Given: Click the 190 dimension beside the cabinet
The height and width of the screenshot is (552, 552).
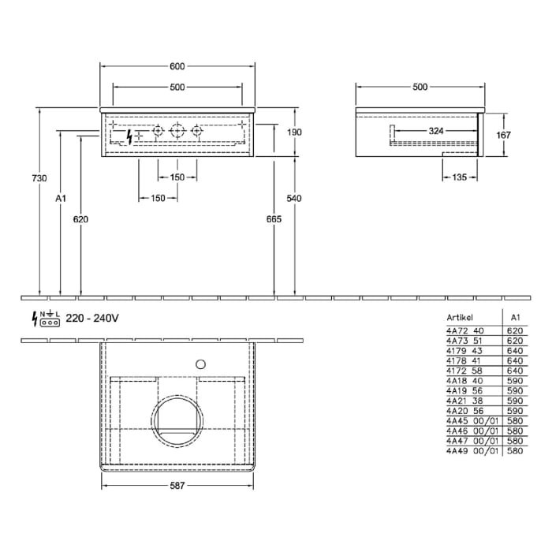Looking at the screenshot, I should (x=294, y=132).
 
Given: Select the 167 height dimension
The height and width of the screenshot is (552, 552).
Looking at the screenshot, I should (x=504, y=135).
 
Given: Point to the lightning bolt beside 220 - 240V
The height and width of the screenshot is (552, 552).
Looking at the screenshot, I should (x=34, y=319).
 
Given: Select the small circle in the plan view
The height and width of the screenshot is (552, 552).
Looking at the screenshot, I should (x=200, y=364).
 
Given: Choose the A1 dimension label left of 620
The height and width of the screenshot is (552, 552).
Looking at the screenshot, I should (x=61, y=200).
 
